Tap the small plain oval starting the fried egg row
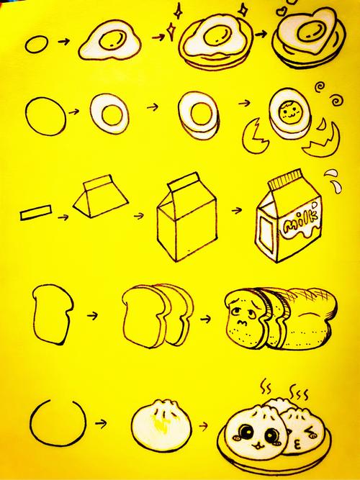(x=37, y=45)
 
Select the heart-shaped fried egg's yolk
(x=309, y=32)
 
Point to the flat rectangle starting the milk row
(x=36, y=212)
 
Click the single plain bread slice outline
(x=53, y=314)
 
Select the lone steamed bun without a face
(x=161, y=423)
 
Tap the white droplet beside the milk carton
(x=337, y=187)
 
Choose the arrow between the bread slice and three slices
(x=92, y=315)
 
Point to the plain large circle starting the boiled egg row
(x=46, y=117)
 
